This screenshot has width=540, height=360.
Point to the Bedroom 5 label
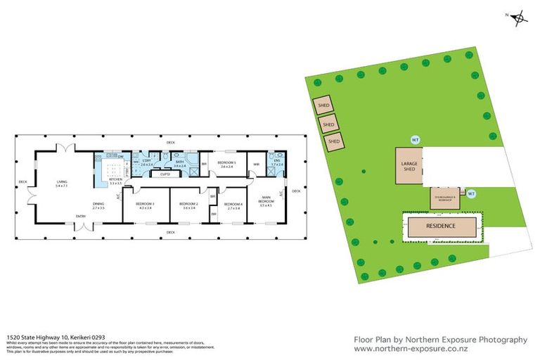226,165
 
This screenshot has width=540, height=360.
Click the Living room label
63,184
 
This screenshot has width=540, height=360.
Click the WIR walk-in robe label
257,165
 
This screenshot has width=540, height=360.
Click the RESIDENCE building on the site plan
440,226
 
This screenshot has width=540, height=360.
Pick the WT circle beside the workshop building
472,193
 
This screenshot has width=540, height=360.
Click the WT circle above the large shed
415,139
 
